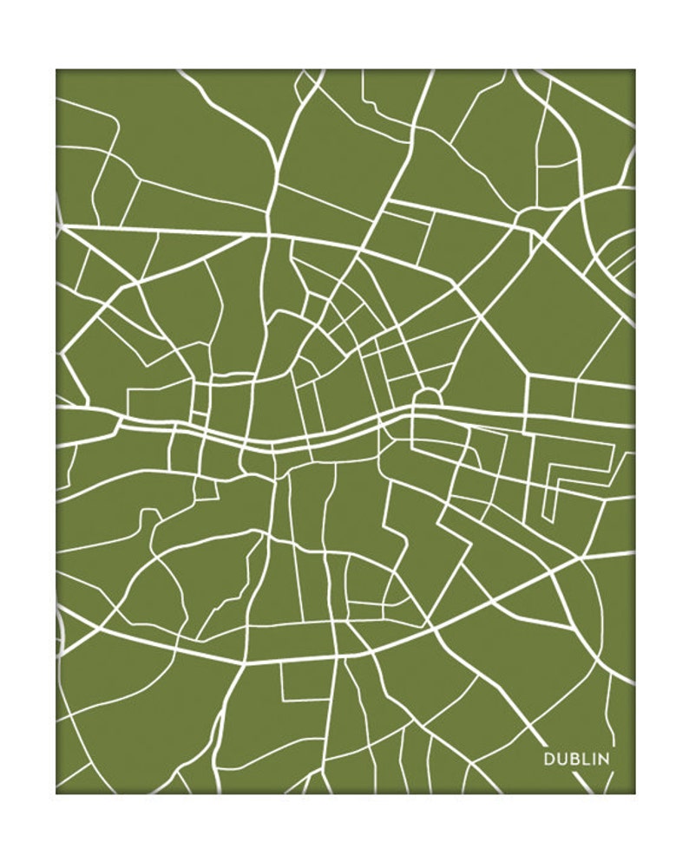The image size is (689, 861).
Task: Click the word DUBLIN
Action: click(x=576, y=759)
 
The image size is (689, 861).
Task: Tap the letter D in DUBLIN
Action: click(x=549, y=759)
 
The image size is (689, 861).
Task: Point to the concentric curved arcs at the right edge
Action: click(x=618, y=260)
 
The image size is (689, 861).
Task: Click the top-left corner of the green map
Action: click(x=56, y=70)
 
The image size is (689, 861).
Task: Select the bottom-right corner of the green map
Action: click(x=634, y=793)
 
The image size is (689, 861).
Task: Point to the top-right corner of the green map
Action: click(x=634, y=70)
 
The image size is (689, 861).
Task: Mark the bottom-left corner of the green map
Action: click(x=56, y=793)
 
